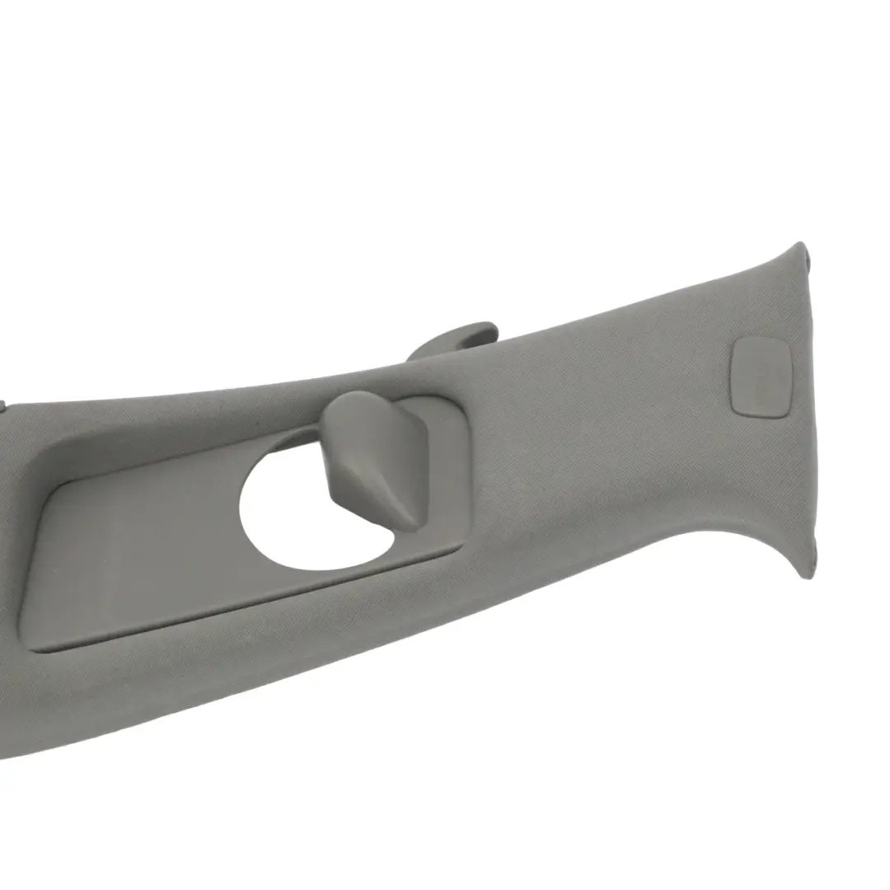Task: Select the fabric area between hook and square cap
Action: [x=593, y=412]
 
